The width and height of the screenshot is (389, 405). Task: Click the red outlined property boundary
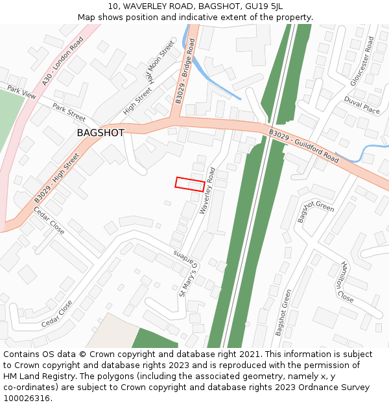pyautogui.click(x=189, y=184)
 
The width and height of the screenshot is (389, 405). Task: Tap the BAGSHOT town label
pyautogui.click(x=100, y=133)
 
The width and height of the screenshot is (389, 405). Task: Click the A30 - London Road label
pyautogui.click(x=63, y=60)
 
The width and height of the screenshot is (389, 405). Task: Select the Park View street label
pyautogui.click(x=21, y=93)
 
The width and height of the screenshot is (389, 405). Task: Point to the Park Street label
pyautogui.click(x=69, y=113)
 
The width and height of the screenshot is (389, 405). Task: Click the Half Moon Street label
pyautogui.click(x=159, y=64)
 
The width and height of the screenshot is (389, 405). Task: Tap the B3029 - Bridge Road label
pyautogui.click(x=185, y=71)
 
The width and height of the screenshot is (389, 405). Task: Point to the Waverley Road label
pyautogui.click(x=207, y=191)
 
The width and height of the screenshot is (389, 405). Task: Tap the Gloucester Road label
pyautogui.click(x=362, y=61)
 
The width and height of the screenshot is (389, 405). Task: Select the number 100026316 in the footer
pyautogui.click(x=26, y=398)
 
